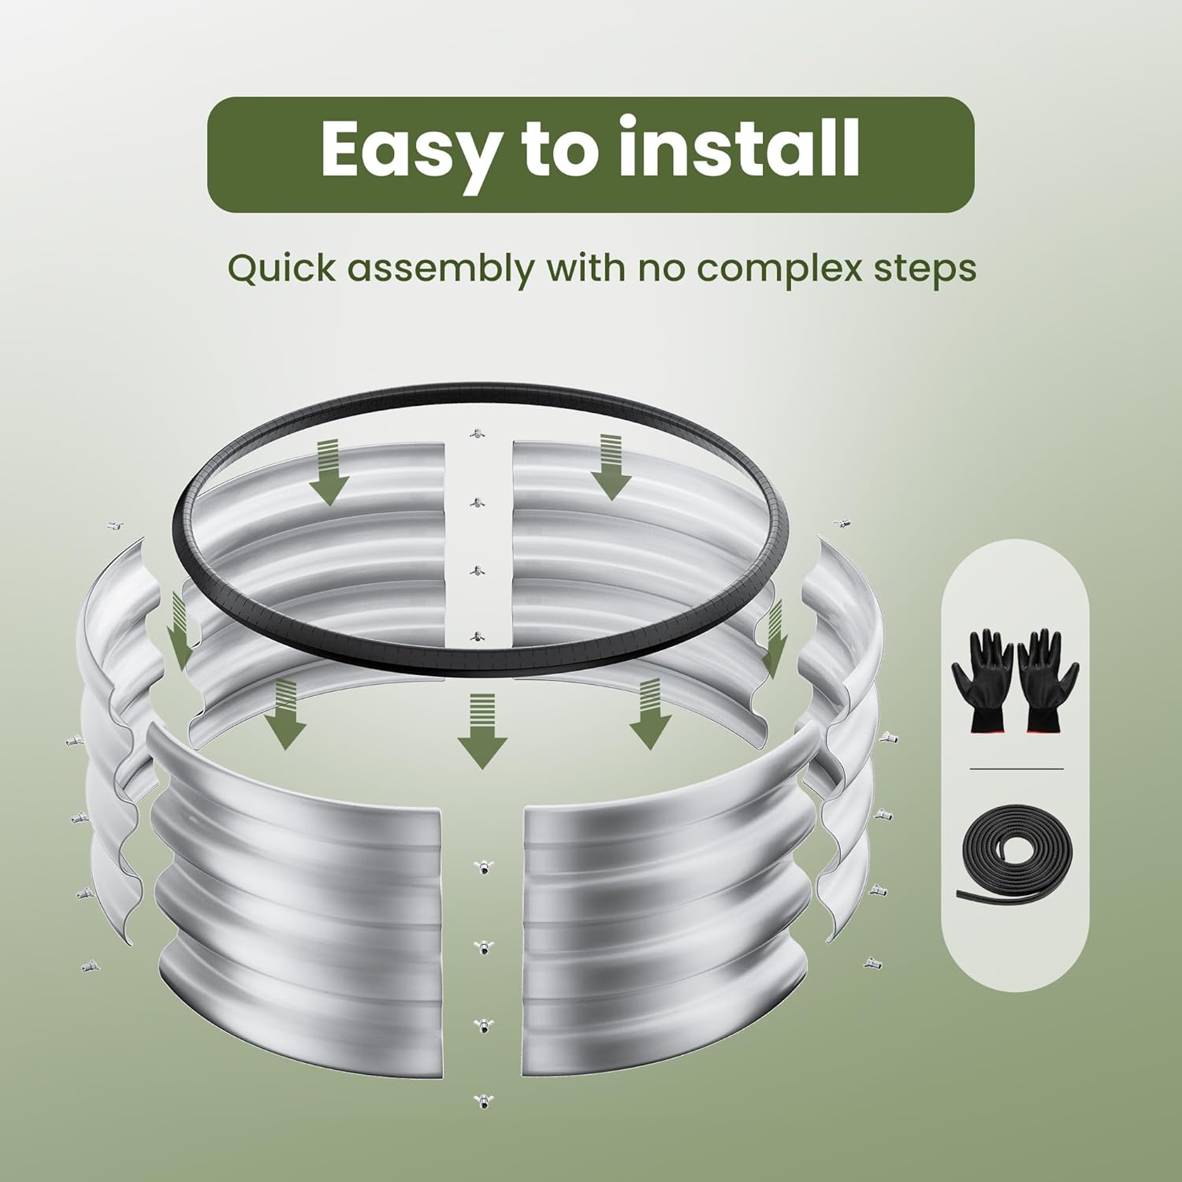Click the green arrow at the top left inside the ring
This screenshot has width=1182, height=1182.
329,473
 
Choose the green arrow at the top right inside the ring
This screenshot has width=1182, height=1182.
615,466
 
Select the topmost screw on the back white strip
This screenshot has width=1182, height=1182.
475,433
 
